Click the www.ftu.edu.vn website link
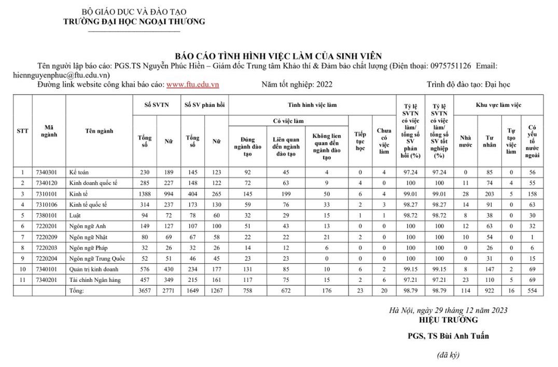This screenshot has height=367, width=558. [192, 84]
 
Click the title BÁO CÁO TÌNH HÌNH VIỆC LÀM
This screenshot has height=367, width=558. [278, 56]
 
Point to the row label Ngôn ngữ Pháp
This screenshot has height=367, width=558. [89, 248]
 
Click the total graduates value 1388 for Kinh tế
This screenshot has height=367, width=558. [145, 194]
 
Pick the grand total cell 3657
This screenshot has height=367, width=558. [145, 291]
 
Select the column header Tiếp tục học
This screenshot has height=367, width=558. [360, 141]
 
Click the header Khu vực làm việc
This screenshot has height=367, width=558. [498, 105]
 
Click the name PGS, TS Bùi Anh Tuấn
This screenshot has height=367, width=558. [448, 335]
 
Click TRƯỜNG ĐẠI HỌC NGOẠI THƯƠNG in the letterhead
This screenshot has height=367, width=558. [134, 21]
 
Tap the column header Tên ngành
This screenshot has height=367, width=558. [99, 131]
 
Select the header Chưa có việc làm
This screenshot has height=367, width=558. [383, 141]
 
